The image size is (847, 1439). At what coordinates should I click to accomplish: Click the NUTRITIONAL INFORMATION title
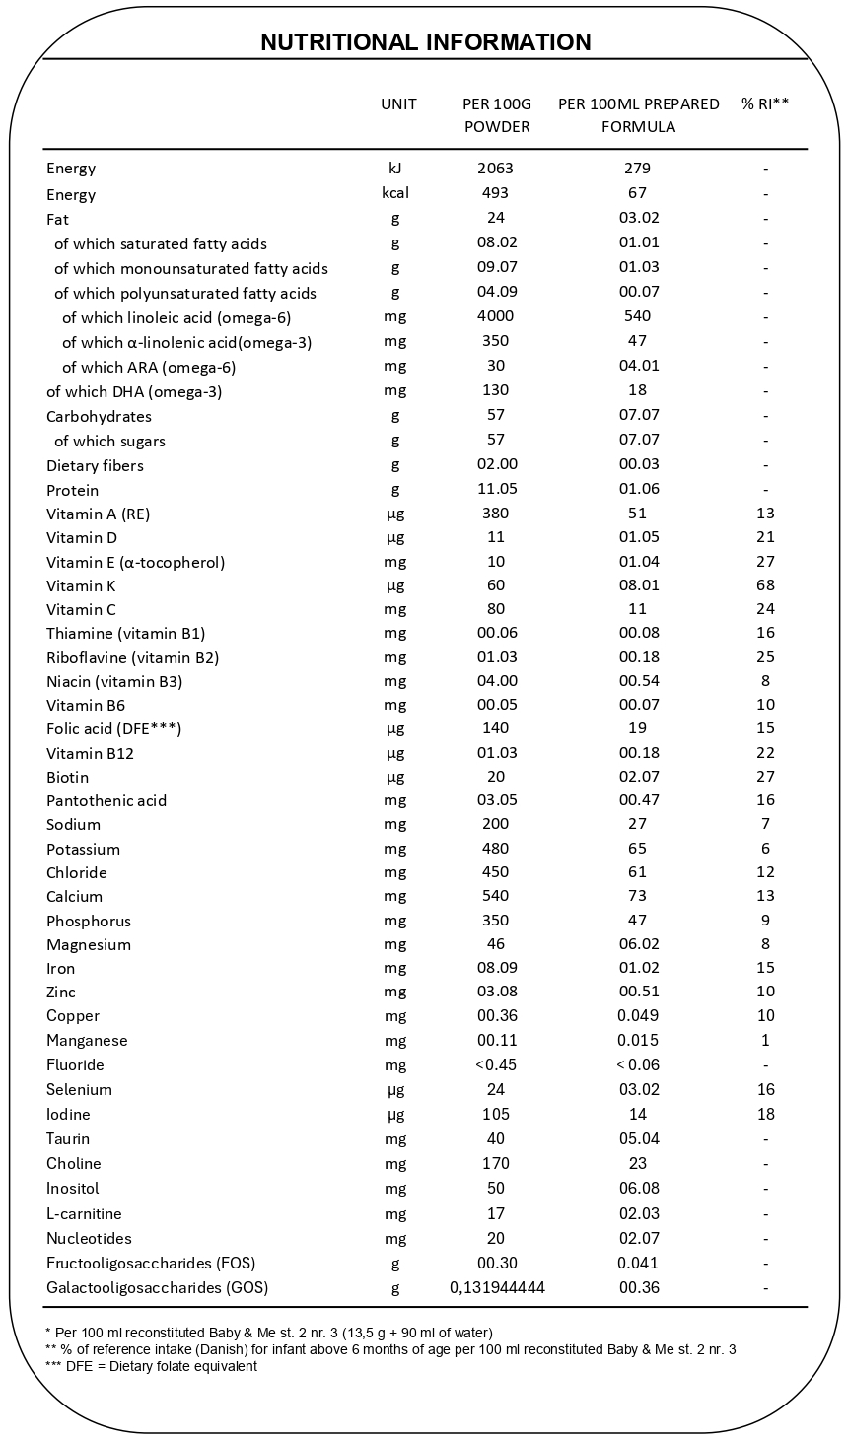(425, 42)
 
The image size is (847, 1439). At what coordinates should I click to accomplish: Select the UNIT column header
(398, 103)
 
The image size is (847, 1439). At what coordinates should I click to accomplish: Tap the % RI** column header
(765, 103)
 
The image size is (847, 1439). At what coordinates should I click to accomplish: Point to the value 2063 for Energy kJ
(495, 168)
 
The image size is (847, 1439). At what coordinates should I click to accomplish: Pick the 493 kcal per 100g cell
(495, 192)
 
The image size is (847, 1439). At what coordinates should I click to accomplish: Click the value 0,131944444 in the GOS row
(497, 1287)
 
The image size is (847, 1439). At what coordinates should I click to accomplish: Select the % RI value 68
(766, 585)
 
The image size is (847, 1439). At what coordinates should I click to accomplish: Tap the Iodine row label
(68, 1114)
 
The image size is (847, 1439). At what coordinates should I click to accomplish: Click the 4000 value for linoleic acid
(495, 316)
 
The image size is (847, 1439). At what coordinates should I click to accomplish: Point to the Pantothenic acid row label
(106, 800)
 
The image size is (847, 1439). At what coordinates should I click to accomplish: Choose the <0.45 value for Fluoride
(495, 1064)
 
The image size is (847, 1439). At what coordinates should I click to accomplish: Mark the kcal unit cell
(395, 192)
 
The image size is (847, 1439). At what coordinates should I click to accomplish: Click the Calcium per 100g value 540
(495, 896)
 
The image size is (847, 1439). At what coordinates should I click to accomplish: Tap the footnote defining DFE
(151, 1366)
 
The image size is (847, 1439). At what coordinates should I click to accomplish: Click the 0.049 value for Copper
(637, 1015)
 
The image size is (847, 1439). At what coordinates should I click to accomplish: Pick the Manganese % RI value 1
(766, 1040)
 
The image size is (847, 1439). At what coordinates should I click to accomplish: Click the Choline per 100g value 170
(495, 1163)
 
